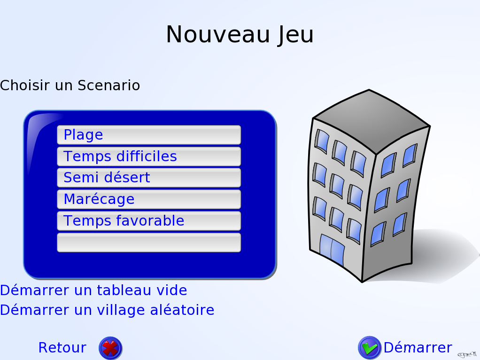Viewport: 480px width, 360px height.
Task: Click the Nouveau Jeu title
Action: [240, 35]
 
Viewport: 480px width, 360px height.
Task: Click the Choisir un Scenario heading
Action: [70, 85]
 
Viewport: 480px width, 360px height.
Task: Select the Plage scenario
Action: [149, 135]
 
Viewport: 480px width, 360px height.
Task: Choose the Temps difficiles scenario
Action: [149, 156]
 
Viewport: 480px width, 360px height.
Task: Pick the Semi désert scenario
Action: [149, 178]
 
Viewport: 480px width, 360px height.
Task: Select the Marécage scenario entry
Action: [149, 199]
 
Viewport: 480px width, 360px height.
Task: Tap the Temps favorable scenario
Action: [149, 221]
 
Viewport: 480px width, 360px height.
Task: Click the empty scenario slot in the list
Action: [149, 243]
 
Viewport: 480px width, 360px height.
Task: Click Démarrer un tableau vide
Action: [93, 290]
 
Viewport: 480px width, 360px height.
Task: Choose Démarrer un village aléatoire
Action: [107, 310]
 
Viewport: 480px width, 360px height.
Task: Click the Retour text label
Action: [62, 347]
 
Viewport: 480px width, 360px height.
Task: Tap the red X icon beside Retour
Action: [110, 348]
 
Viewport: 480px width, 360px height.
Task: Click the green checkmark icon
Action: [370, 348]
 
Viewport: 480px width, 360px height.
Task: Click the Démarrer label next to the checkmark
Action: [418, 347]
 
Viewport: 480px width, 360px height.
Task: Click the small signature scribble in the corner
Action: [467, 354]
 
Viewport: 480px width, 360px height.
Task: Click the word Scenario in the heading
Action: [108, 85]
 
